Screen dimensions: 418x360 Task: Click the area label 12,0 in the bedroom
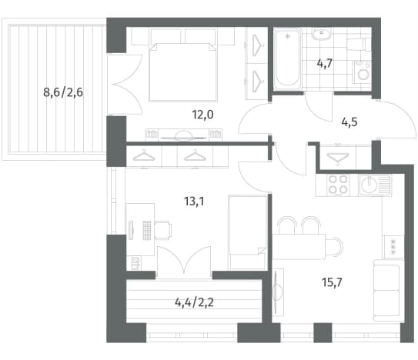click(x=202, y=115)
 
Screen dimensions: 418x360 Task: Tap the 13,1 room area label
click(x=194, y=202)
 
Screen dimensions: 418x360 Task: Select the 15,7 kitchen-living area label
click(x=332, y=282)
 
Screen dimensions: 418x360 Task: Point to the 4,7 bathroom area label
click(x=325, y=63)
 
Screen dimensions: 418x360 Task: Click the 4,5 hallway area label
click(x=349, y=122)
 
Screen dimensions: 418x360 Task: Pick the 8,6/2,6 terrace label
click(x=63, y=93)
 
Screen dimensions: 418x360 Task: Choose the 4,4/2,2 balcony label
click(x=194, y=303)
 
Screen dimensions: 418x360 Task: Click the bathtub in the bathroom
click(x=287, y=58)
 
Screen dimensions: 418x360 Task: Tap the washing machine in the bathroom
click(x=363, y=73)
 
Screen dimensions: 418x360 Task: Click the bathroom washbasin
click(x=322, y=34)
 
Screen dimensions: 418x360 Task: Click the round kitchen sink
click(x=369, y=185)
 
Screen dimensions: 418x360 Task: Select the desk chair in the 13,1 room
click(x=163, y=231)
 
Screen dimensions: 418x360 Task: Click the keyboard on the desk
click(x=146, y=230)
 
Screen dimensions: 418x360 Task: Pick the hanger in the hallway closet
click(x=338, y=158)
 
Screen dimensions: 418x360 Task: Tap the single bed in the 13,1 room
click(x=247, y=232)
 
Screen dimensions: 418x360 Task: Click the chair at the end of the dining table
click(x=334, y=246)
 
